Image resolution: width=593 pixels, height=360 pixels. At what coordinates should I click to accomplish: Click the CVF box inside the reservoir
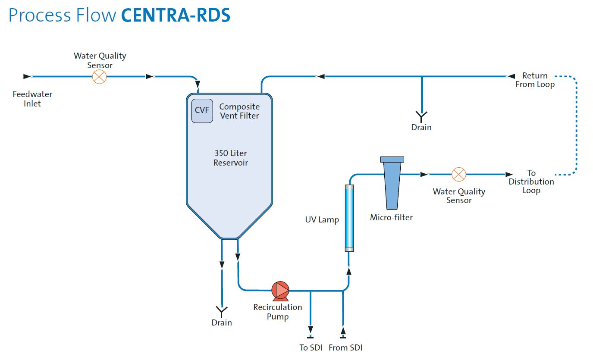tap(202, 110)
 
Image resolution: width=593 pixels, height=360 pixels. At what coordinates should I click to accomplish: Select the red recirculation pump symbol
tap(280, 291)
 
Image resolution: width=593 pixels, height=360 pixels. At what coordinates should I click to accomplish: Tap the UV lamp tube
tap(349, 218)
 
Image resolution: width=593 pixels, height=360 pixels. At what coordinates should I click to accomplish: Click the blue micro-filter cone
tap(392, 183)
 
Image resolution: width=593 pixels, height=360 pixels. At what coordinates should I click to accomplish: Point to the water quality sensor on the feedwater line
tap(100, 77)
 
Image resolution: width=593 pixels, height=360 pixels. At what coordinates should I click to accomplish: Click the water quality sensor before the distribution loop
tap(458, 174)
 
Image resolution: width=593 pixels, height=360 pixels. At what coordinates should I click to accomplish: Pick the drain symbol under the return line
tap(421, 115)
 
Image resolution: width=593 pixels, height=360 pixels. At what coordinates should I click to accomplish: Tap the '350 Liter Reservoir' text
tap(231, 158)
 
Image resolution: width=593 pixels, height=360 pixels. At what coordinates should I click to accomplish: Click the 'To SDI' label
tap(310, 347)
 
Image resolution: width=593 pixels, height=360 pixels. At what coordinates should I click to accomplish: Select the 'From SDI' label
tap(345, 347)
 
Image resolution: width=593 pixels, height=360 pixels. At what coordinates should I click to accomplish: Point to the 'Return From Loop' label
tap(535, 80)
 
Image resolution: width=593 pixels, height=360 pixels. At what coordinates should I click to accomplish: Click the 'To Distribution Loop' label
tap(531, 182)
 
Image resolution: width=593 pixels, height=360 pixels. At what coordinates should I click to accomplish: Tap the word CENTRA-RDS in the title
tap(176, 15)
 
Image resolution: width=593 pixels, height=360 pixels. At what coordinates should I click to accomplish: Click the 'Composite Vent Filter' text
tap(239, 111)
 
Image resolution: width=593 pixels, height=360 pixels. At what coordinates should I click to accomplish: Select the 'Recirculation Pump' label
tap(277, 312)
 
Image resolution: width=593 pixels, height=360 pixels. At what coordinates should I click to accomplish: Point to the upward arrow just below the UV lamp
tap(349, 271)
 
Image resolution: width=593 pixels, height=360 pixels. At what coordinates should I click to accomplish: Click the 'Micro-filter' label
tap(391, 218)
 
